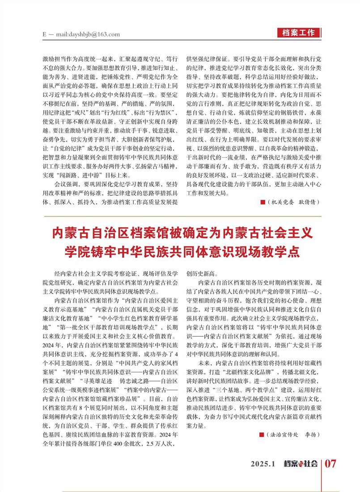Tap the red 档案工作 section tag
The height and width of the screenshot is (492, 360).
click(x=299, y=33)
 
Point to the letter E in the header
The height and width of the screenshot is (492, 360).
click(x=45, y=34)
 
